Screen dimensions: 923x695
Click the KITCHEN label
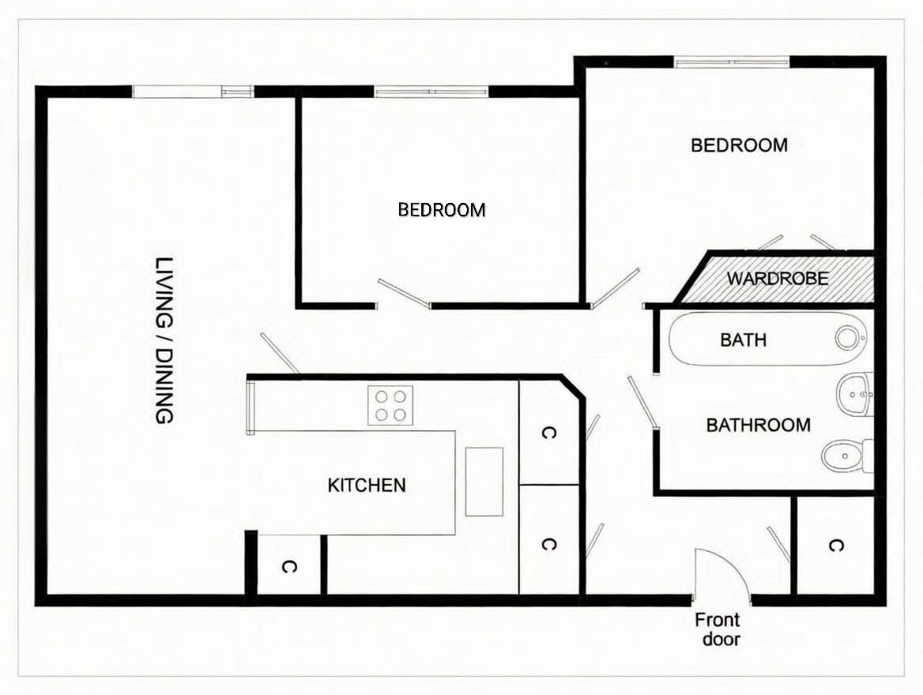coord(367,486)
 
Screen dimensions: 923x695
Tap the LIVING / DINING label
coord(164,340)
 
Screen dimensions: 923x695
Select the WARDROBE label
coord(778,278)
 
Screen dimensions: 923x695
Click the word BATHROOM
coord(758,425)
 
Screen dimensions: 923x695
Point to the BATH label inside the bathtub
coord(744,340)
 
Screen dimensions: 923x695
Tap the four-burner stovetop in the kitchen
coord(390,405)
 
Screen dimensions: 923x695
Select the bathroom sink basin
coord(855,393)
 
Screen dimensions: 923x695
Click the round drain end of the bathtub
coord(846,338)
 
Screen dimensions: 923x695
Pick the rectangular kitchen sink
coord(484,482)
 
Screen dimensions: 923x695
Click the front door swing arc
coord(733,564)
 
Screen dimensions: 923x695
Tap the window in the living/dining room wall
coord(193,91)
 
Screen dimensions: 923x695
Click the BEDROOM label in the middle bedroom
coord(442,209)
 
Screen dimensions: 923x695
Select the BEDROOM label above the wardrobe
coord(740,145)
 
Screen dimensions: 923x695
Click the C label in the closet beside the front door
coord(836,546)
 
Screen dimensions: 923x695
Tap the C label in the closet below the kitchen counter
coord(288,567)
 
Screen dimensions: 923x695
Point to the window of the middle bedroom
coord(431,91)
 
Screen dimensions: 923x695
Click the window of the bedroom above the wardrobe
coord(731,61)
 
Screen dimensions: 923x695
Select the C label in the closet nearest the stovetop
coord(548,434)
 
